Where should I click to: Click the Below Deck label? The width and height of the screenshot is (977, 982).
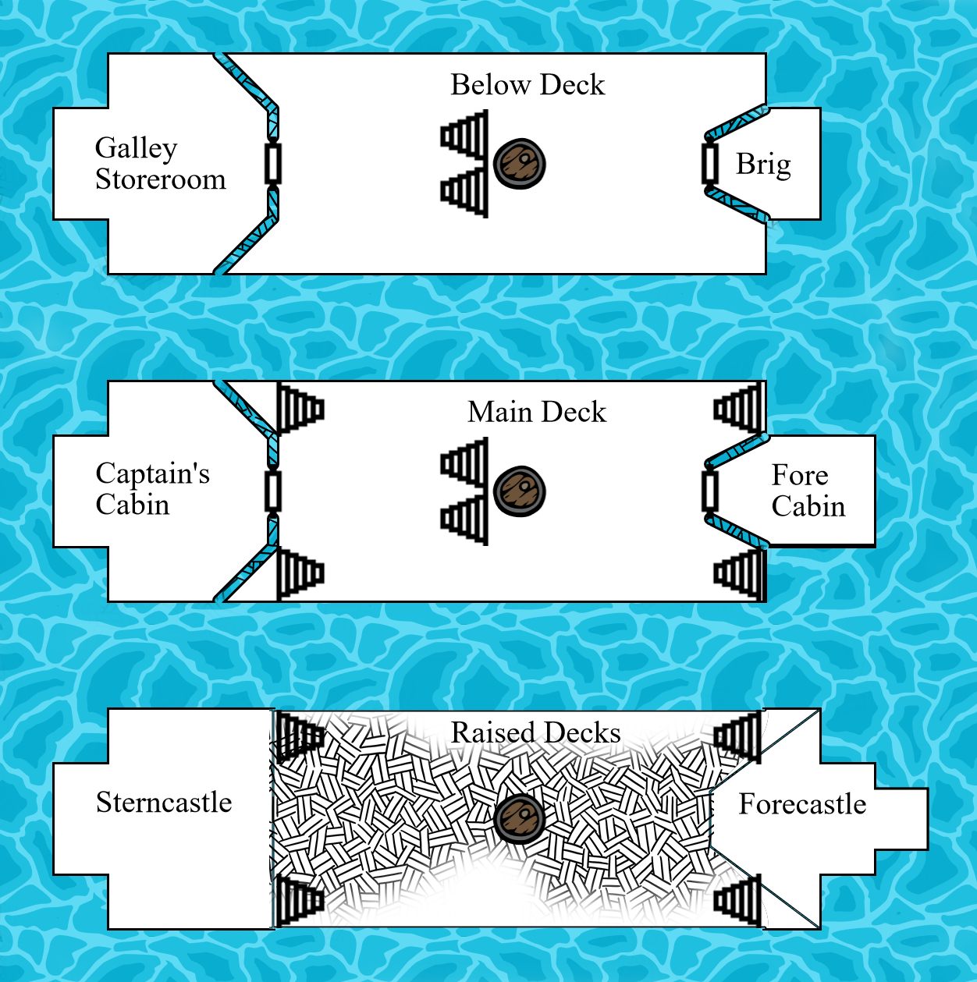(x=528, y=85)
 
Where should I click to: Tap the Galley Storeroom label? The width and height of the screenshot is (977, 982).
(x=160, y=164)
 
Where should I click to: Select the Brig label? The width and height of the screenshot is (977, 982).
(x=763, y=165)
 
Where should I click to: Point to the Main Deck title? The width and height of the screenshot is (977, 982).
(x=537, y=412)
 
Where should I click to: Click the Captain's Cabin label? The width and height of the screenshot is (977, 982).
(x=152, y=489)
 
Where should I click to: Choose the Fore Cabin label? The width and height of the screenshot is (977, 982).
(x=808, y=491)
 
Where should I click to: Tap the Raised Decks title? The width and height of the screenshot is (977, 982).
(x=536, y=733)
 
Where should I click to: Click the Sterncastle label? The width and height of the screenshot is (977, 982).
(x=164, y=803)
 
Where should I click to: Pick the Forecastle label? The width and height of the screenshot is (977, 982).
(x=802, y=804)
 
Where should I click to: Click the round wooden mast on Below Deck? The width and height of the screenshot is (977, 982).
(x=520, y=164)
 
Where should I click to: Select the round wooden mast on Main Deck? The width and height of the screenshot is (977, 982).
(x=520, y=491)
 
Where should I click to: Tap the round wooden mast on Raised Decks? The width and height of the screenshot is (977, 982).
(x=520, y=818)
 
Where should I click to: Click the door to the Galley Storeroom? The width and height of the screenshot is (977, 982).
(x=272, y=164)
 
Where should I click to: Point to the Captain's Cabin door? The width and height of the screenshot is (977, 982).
(x=272, y=491)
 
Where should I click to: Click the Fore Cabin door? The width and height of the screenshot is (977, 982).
(x=710, y=490)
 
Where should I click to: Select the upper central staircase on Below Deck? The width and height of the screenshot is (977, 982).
(x=466, y=136)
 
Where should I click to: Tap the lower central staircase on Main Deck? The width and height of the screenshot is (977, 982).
(x=466, y=519)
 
